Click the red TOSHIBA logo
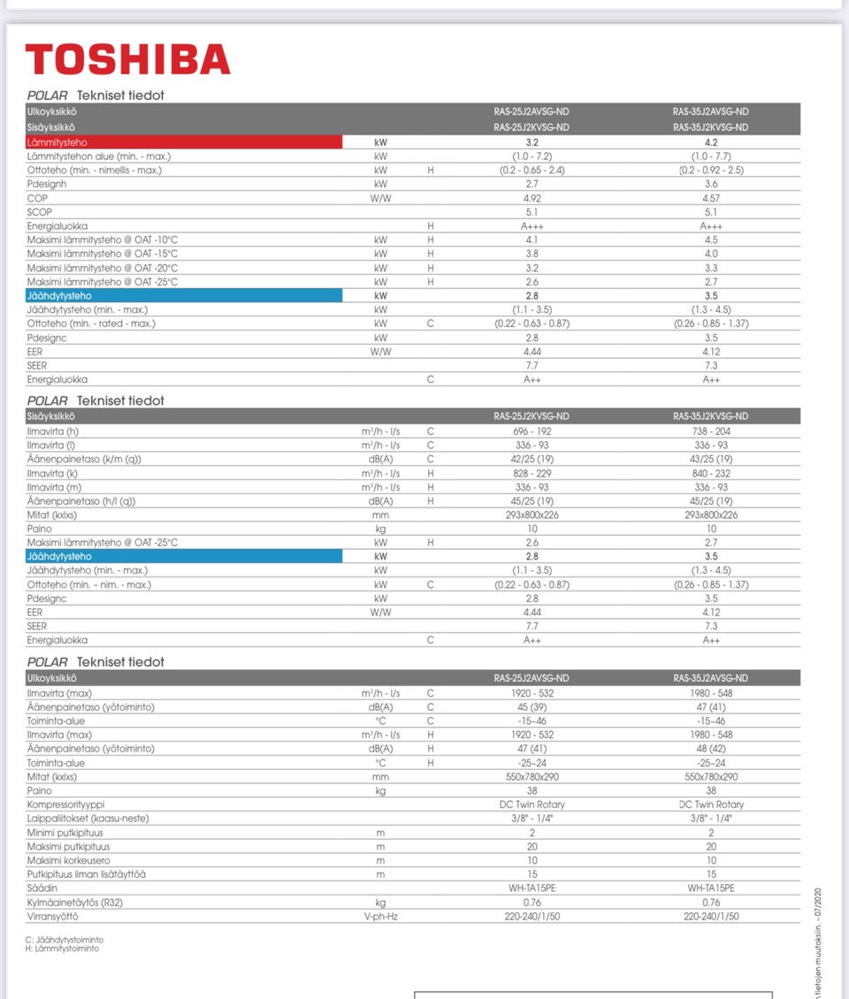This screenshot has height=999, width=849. click(127, 59)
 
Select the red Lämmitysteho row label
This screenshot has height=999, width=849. click(57, 141)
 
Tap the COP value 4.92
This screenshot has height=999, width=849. click(532, 198)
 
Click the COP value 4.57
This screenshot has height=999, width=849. click(710, 198)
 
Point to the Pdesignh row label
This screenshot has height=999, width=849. click(47, 184)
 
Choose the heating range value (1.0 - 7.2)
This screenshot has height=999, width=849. click(532, 156)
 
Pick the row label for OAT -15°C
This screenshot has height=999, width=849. click(103, 254)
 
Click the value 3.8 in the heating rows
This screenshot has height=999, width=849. click(532, 254)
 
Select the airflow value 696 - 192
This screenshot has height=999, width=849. click(532, 431)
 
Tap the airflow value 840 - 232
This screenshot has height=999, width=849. click(710, 473)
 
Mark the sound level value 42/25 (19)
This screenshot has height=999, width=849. click(532, 459)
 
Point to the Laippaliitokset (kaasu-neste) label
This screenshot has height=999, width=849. click(88, 819)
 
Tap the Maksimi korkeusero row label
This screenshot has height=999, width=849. click(68, 861)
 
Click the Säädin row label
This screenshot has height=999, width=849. click(42, 888)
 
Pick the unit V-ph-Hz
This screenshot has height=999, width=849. click(380, 917)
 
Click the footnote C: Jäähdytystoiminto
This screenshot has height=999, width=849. click(65, 940)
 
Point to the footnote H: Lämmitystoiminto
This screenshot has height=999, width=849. click(63, 949)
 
